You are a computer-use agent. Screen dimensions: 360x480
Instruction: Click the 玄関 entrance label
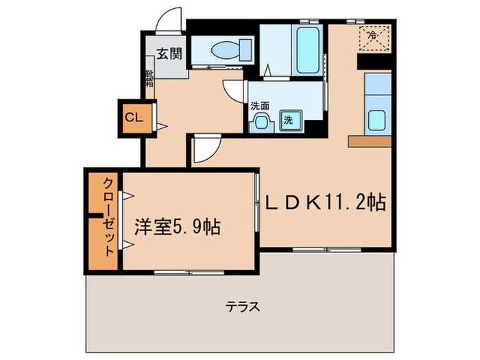[166, 54]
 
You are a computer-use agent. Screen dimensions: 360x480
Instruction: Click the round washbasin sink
[261, 122]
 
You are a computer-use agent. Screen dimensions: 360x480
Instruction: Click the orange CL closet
[133, 117]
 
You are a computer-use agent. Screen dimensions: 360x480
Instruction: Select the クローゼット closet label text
[108, 217]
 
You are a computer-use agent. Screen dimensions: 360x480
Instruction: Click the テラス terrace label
[243, 307]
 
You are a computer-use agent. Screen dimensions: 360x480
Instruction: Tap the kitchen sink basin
[377, 120]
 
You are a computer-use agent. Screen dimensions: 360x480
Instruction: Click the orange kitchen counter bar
[370, 141]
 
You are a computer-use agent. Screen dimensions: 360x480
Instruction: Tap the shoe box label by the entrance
[149, 79]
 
